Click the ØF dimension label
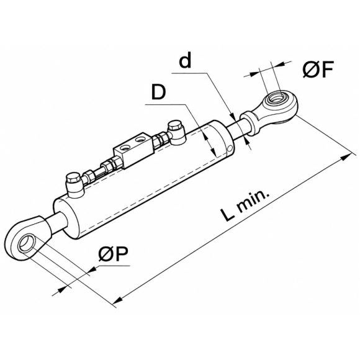click(318, 69)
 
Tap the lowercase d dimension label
click(185, 61)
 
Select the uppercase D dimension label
click(159, 92)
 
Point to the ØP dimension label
click(113, 254)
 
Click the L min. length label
click(245, 206)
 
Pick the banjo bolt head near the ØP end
click(73, 178)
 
